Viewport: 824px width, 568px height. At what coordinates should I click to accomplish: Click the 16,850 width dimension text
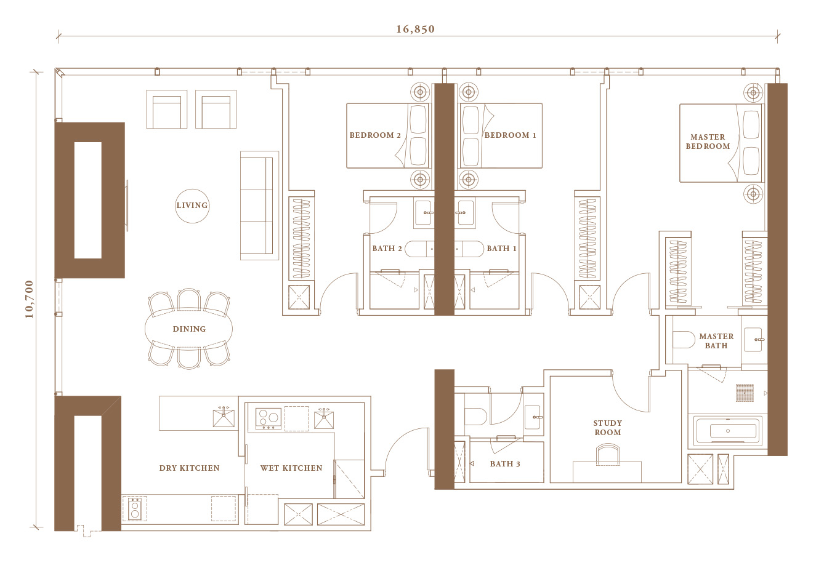(415, 29)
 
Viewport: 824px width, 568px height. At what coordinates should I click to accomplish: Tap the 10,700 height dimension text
(29, 299)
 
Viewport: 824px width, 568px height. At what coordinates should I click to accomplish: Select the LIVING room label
(192, 206)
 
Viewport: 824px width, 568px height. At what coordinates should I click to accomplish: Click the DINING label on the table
(189, 329)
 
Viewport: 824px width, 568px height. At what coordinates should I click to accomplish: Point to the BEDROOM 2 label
(375, 135)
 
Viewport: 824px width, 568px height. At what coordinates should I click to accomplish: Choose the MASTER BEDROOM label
(708, 142)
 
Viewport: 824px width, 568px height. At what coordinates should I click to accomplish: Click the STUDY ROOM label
(608, 428)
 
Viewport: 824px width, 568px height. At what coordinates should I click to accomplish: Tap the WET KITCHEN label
(291, 468)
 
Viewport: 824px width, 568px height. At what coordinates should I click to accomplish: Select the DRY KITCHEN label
(189, 468)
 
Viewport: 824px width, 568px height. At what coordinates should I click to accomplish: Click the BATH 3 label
(505, 464)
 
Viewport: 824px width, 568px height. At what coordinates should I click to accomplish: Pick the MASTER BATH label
(716, 341)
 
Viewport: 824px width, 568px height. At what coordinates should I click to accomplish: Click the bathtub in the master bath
(728, 431)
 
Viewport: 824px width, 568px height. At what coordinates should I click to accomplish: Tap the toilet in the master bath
(683, 340)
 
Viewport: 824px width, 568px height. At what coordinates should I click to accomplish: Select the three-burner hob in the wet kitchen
(269, 418)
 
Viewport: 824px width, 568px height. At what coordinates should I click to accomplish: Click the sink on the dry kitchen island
(224, 418)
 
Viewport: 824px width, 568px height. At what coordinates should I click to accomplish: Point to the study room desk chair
(608, 454)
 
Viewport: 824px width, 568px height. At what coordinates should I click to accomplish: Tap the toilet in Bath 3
(475, 416)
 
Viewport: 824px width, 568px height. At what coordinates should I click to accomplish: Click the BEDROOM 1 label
(510, 135)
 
